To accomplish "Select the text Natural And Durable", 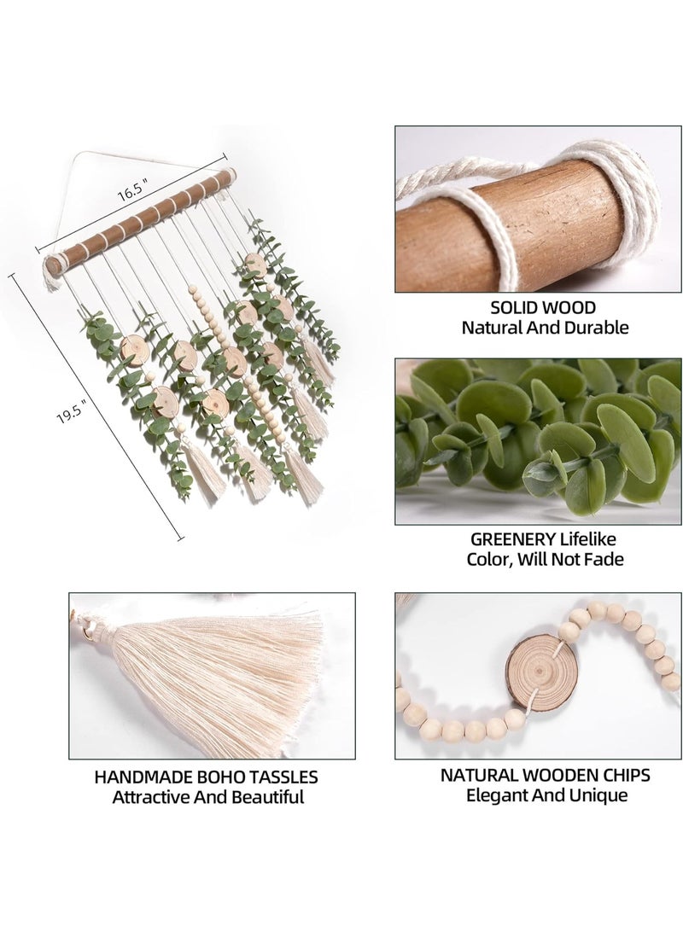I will pyautogui.click(x=545, y=327).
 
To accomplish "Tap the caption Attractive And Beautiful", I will pyautogui.click(x=208, y=797).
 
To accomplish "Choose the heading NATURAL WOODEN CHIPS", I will pyautogui.click(x=545, y=775).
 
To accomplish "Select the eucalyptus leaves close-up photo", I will pyautogui.click(x=538, y=440).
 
